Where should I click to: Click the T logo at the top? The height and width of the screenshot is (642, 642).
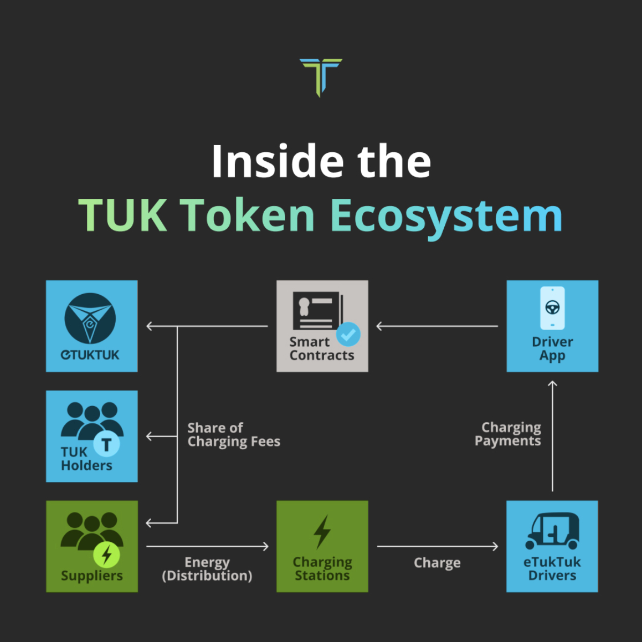click(321, 77)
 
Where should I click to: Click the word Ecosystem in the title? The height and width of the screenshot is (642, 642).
click(446, 217)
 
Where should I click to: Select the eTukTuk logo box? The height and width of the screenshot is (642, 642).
click(92, 326)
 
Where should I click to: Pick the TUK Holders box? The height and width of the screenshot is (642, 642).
click(92, 436)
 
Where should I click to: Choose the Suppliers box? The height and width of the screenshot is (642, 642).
click(92, 546)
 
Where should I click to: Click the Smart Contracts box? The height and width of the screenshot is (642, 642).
click(322, 326)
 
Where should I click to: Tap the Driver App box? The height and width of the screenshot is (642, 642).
click(553, 326)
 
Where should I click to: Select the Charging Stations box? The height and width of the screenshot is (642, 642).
click(322, 546)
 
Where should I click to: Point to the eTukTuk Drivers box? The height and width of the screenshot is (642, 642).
click(553, 546)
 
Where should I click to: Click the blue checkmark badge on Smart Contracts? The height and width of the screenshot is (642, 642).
click(348, 334)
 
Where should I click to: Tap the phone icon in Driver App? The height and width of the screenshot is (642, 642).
click(553, 308)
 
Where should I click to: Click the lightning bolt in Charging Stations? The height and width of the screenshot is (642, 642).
click(322, 532)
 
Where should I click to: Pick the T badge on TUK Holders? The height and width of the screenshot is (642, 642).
click(107, 444)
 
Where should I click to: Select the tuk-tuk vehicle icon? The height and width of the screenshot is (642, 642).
click(553, 531)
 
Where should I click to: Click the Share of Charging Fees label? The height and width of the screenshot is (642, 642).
click(234, 435)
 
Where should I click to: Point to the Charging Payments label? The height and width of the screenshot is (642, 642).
click(507, 434)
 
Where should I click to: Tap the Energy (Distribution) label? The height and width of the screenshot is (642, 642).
click(207, 569)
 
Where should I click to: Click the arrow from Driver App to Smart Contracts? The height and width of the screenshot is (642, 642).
click(437, 326)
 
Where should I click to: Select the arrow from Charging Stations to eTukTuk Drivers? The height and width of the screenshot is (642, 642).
click(438, 546)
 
